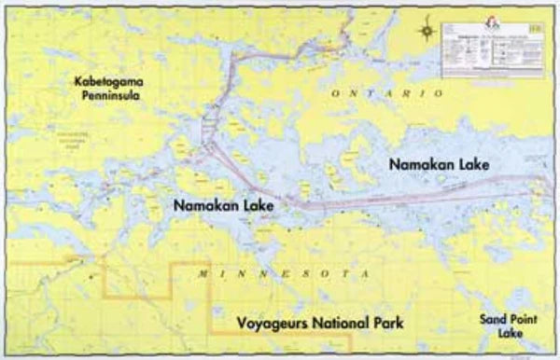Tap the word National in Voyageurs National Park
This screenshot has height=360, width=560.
(340, 325)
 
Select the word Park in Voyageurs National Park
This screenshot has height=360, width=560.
(388, 325)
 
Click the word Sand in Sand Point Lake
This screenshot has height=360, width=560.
(495, 318)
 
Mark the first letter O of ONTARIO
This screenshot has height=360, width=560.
(338, 95)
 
